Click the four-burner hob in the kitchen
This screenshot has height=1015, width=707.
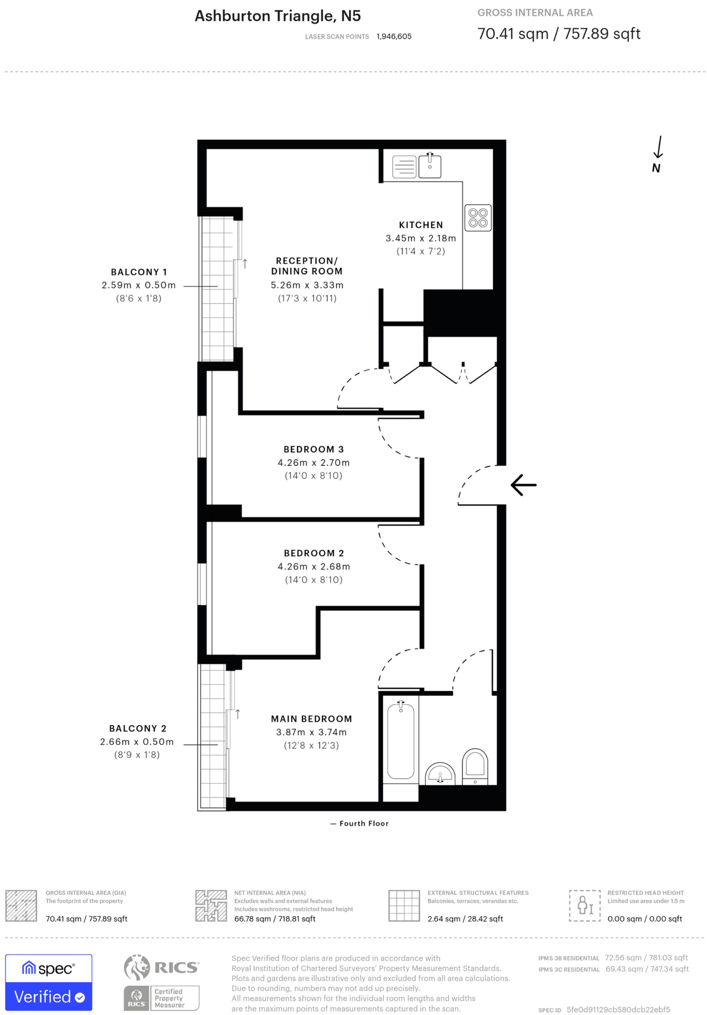(x=478, y=218)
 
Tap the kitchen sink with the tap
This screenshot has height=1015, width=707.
(x=430, y=166)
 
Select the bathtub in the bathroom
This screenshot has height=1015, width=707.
(x=401, y=742)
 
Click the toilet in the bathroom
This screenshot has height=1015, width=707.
(x=475, y=766)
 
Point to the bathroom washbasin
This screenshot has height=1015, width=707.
(x=440, y=774)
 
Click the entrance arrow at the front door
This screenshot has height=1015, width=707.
(x=524, y=485)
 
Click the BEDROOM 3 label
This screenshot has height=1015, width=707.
(x=313, y=449)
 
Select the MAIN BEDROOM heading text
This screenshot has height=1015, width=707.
(x=311, y=719)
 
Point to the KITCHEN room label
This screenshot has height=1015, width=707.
(x=421, y=225)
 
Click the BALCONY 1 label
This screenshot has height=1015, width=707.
(x=139, y=272)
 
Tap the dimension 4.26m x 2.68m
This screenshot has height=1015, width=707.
(x=313, y=567)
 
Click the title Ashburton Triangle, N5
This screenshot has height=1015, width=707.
(x=277, y=16)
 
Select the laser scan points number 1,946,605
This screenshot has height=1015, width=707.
(x=394, y=37)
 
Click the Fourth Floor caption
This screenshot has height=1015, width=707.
(x=364, y=823)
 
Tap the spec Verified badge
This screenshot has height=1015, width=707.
(x=48, y=982)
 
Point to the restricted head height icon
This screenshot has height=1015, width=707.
(x=584, y=906)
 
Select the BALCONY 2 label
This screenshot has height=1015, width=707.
(x=138, y=729)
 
